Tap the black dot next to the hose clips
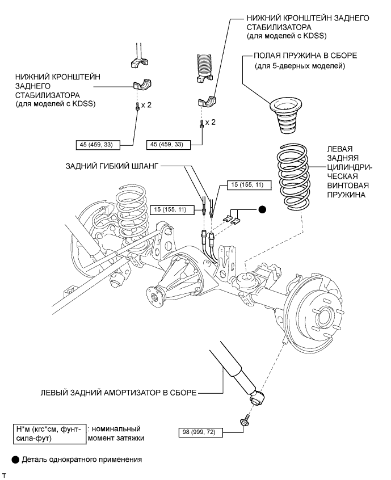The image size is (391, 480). click(262, 210)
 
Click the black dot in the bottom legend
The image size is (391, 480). click(15, 460)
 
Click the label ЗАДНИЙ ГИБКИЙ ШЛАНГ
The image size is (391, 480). click(112, 166)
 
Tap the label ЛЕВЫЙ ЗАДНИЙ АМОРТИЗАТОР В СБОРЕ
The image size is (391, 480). click(119, 393)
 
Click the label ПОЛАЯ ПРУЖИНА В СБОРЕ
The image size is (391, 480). click(305, 56)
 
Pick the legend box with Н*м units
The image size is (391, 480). click(49, 434)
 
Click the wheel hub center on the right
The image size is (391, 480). click(324, 318)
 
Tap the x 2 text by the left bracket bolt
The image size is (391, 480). click(146, 105)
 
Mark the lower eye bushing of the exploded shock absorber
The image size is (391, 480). click(257, 397)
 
